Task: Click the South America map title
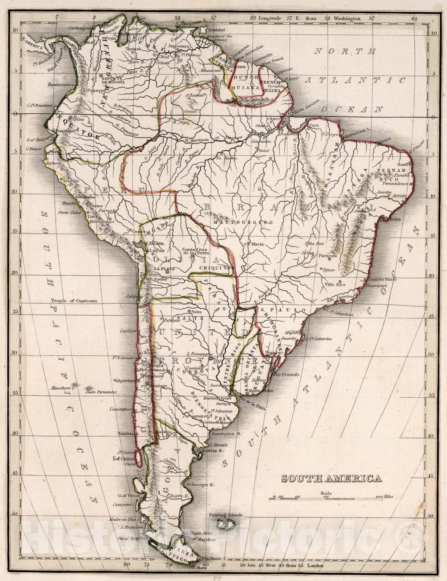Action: [332, 479]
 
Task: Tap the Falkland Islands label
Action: [225, 515]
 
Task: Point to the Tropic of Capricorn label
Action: [74, 301]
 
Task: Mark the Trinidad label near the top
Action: [216, 30]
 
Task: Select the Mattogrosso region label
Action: [243, 222]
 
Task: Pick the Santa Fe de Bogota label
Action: [113, 80]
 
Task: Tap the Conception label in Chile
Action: [121, 409]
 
